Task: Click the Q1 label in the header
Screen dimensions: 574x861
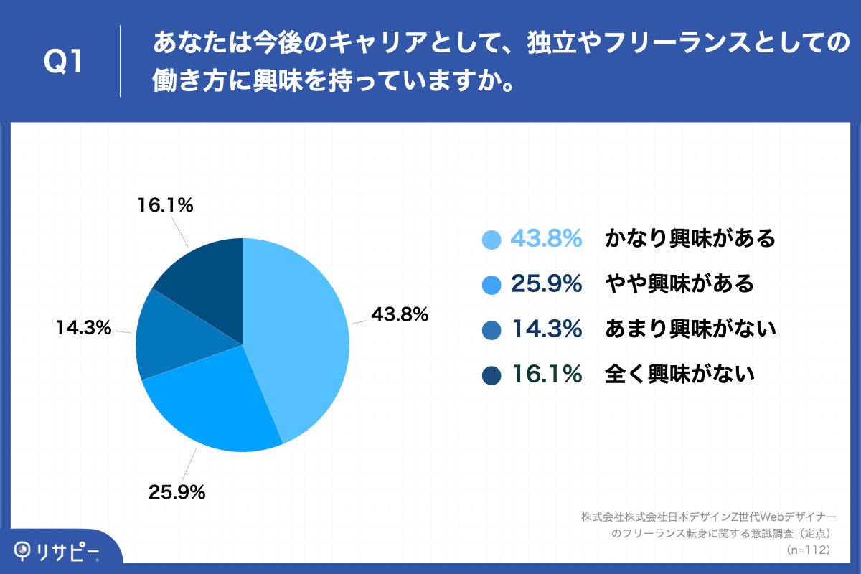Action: pos(64,62)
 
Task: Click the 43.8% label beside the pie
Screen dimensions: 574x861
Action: pos(399,314)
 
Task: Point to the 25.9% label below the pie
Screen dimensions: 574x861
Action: pos(177,492)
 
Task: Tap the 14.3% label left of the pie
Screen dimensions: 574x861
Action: pos(84,329)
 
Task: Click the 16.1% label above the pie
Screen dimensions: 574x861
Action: pos(165,206)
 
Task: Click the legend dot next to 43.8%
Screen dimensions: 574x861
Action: pos(491,240)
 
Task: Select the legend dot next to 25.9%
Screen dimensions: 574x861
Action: pos(491,285)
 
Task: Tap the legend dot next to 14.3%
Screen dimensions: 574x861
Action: pos(491,330)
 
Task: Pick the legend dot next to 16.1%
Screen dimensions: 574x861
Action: pos(491,375)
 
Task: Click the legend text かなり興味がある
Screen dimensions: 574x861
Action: pos(690,239)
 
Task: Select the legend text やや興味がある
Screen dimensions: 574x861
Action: pos(679,284)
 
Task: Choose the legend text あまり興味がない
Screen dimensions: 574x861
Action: pos(690,329)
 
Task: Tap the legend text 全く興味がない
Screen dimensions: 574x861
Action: pos(679,374)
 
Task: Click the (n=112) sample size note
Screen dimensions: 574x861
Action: pos(808,550)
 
